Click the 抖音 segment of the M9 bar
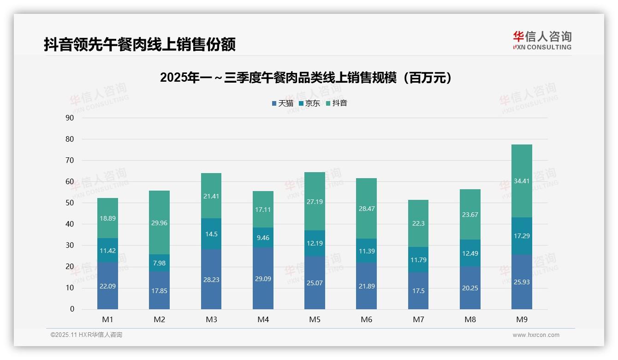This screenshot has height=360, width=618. [522, 181]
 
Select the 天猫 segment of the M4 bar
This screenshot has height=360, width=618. [263, 278]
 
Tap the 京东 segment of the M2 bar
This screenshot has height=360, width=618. [159, 263]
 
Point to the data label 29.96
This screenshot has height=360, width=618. [159, 223]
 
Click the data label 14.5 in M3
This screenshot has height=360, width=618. [211, 234]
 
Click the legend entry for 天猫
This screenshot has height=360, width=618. [282, 103]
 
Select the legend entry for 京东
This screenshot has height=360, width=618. [309, 103]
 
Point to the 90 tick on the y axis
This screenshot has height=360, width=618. [70, 118]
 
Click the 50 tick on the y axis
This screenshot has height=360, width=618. [70, 203]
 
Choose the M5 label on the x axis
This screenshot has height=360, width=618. [315, 319]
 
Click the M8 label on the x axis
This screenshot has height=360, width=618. [470, 319]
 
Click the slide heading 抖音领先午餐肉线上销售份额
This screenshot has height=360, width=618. [140, 44]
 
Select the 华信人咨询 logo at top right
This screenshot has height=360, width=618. [542, 40]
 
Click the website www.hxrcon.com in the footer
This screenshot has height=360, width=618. [535, 335]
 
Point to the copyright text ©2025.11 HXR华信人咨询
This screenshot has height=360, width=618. [86, 335]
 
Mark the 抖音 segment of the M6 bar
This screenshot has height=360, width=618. [366, 208]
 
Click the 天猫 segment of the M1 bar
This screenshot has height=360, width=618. [107, 286]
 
